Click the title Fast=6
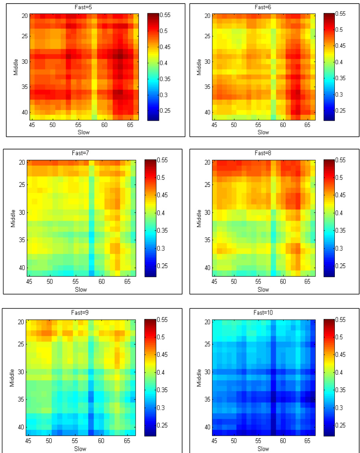pos(263,7)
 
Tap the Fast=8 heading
pos(263,153)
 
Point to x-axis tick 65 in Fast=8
pos(307,282)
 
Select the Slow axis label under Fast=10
pos(263,449)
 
